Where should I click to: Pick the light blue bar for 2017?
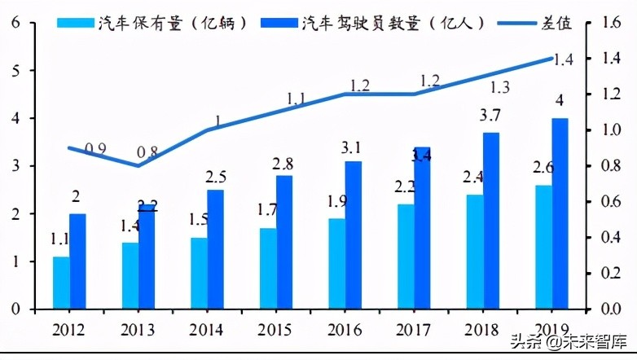coord(406,257)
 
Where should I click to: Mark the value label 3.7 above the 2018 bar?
coord(491,116)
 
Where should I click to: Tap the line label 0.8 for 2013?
coord(148,151)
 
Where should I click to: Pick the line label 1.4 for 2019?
coord(563,59)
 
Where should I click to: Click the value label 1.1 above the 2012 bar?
coord(59,240)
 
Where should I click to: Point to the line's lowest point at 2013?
coord(137,166)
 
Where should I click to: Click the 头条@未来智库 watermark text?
coord(569,342)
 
